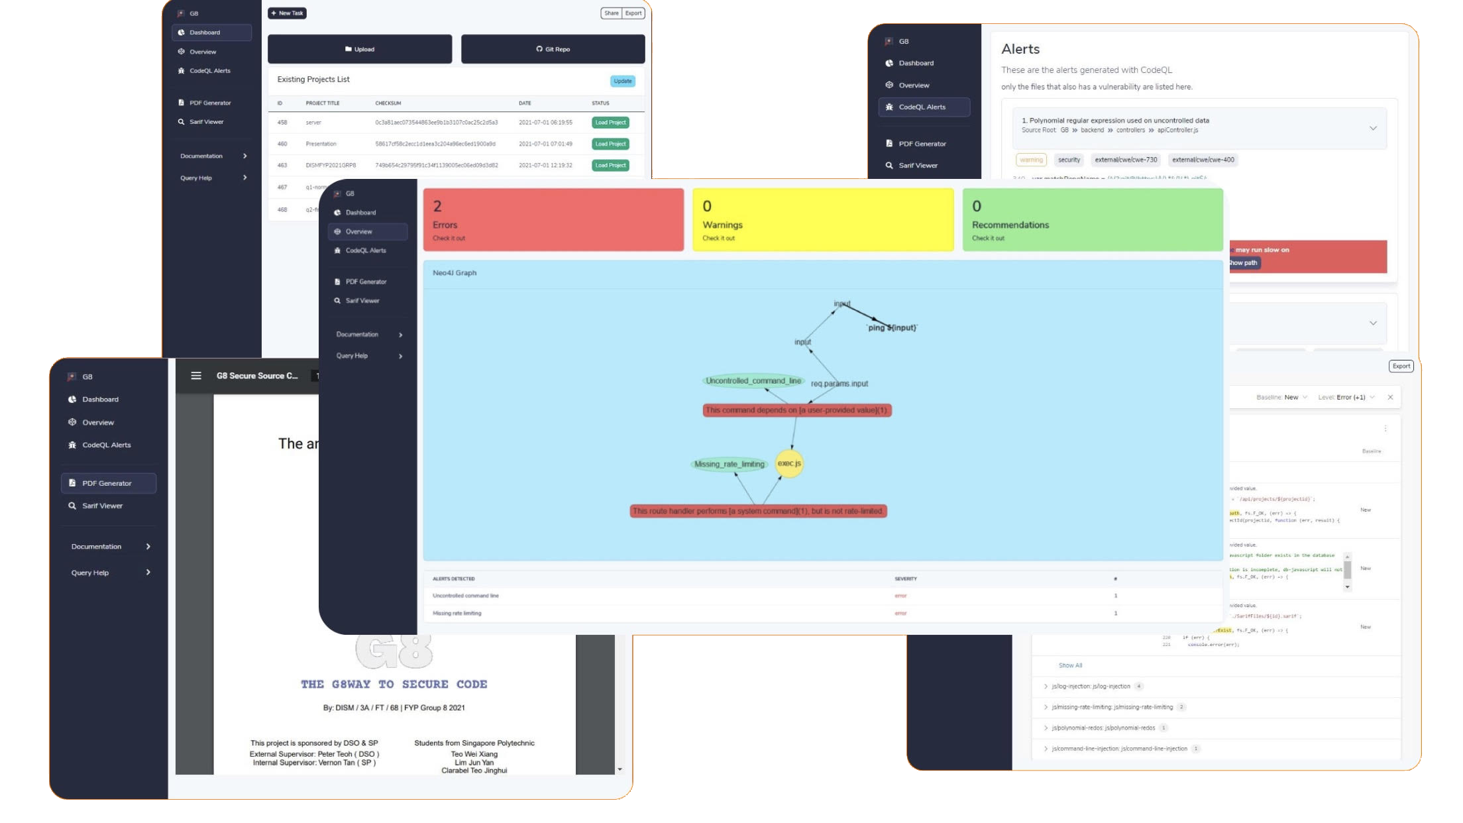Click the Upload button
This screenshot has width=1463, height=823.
(x=360, y=49)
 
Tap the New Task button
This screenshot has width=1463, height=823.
(x=287, y=13)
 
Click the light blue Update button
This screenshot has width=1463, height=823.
(x=622, y=81)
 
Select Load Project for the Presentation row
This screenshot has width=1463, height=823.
(x=610, y=144)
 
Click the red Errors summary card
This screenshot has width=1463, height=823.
(x=553, y=220)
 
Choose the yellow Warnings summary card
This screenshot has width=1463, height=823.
(x=822, y=220)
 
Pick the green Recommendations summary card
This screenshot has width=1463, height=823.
(x=1092, y=220)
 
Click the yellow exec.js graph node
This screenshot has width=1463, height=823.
(x=788, y=463)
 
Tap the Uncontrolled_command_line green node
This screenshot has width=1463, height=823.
(x=753, y=381)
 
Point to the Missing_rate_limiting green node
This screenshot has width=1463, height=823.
(x=729, y=464)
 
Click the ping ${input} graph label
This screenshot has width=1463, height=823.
(x=892, y=328)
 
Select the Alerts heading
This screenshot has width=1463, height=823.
(x=1020, y=49)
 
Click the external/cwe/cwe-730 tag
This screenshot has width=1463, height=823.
(x=1126, y=160)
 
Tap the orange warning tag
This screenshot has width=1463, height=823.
(x=1031, y=160)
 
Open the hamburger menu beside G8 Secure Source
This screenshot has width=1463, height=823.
(x=196, y=376)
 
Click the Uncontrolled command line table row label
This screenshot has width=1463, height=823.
(x=466, y=596)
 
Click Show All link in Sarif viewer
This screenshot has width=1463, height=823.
(x=1070, y=665)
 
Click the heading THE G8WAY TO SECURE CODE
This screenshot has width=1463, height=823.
(x=394, y=685)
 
